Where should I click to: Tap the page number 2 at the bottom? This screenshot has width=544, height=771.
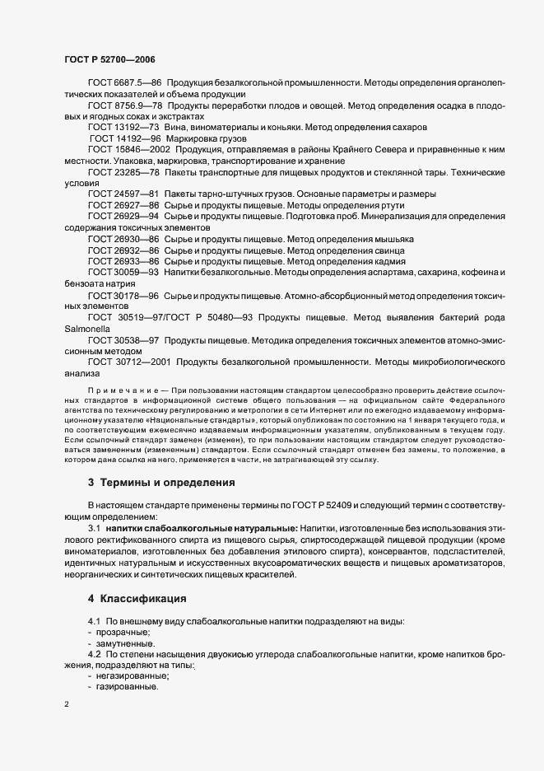67,705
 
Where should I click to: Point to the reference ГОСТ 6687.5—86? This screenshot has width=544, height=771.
124,83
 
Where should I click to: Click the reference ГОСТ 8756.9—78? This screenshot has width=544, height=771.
124,106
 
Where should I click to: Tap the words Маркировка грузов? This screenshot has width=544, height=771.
203,139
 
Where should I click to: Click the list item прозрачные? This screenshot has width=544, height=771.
119,631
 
